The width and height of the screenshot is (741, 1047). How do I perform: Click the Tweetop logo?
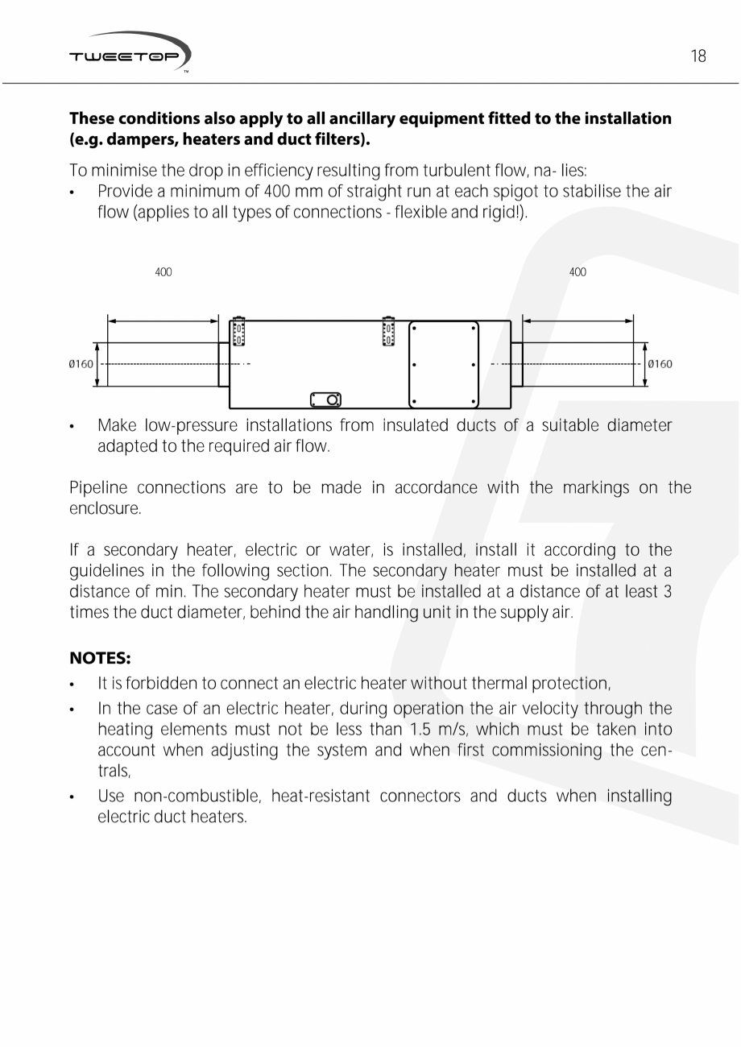click(x=130, y=54)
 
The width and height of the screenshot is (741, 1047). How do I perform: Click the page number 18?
click(x=698, y=56)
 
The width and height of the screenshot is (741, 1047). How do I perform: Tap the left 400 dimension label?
click(x=164, y=272)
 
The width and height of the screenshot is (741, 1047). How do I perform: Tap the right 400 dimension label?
click(x=577, y=272)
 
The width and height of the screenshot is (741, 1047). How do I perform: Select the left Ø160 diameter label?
click(x=81, y=364)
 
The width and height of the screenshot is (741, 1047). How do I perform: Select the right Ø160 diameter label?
click(x=660, y=364)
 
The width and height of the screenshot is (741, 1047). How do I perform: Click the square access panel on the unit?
click(x=444, y=364)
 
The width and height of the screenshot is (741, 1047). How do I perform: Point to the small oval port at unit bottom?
click(x=325, y=399)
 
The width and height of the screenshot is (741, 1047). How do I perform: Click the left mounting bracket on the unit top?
click(x=238, y=331)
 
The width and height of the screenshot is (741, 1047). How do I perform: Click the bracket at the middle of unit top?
click(x=388, y=330)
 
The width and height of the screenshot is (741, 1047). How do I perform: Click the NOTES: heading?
click(x=100, y=658)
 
